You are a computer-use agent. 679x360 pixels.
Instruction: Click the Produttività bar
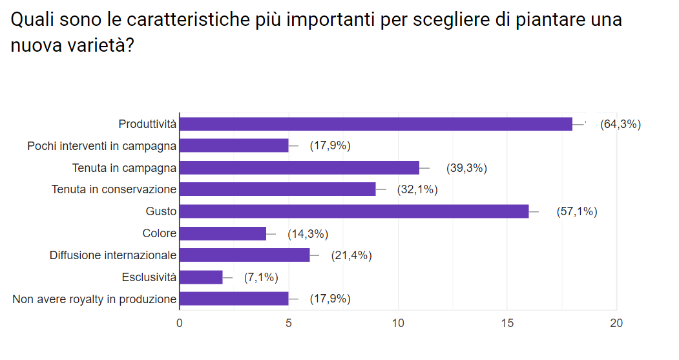pyautogui.click(x=375, y=124)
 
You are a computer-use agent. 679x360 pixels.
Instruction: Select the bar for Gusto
pyautogui.click(x=353, y=211)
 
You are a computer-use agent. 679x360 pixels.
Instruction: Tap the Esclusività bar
pyautogui.click(x=201, y=277)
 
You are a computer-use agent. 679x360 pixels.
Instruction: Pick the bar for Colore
pyautogui.click(x=223, y=233)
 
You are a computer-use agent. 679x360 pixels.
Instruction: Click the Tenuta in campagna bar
pyautogui.click(x=299, y=168)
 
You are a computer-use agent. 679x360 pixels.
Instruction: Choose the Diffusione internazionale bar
pyautogui.click(x=244, y=255)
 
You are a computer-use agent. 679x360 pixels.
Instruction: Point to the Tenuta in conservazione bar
pyautogui.click(x=277, y=189)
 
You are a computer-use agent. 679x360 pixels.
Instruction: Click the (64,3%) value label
pyautogui.click(x=620, y=124)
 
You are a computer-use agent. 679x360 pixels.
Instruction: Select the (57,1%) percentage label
pyautogui.click(x=576, y=211)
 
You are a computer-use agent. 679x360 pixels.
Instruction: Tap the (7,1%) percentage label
pyautogui.click(x=261, y=277)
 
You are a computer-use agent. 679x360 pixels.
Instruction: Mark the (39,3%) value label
pyautogui.click(x=466, y=168)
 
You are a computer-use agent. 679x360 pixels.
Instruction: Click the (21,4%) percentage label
pyautogui.click(x=351, y=255)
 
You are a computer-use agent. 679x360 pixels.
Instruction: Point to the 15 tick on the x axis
pyautogui.click(x=507, y=323)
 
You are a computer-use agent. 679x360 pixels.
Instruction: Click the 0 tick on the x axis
pyautogui.click(x=179, y=323)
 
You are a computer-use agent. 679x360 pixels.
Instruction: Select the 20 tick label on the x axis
pyautogui.click(x=616, y=323)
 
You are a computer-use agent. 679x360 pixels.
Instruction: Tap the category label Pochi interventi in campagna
pyautogui.click(x=101, y=146)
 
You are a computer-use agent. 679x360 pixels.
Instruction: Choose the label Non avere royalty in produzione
pyautogui.click(x=94, y=299)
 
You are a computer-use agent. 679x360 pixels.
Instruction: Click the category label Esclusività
pyautogui.click(x=149, y=277)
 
